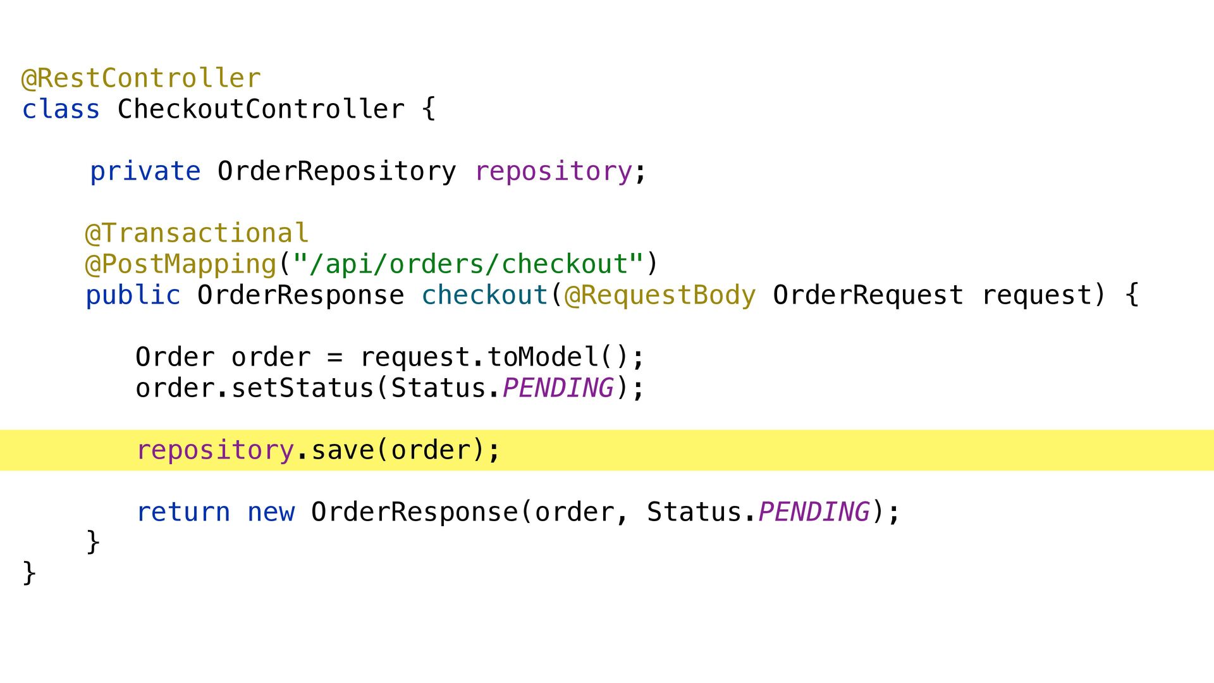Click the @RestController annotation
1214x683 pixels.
click(x=141, y=78)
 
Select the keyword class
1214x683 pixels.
click(x=61, y=109)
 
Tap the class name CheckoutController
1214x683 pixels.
click(x=261, y=109)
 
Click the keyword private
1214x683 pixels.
click(x=145, y=171)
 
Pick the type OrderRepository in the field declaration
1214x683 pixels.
click(x=336, y=171)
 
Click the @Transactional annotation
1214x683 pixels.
click(x=197, y=233)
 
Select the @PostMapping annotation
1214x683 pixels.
click(x=181, y=264)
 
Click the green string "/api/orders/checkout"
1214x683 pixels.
click(x=469, y=264)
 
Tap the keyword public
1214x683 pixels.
click(x=133, y=295)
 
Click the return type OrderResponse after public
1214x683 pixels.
click(x=300, y=295)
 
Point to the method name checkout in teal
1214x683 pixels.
click(x=484, y=295)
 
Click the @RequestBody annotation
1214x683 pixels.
click(x=659, y=295)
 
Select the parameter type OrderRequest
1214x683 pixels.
click(x=868, y=295)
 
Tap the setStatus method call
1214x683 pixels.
click(x=302, y=388)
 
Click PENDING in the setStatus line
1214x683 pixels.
click(x=558, y=388)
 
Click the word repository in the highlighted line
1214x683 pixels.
click(x=215, y=450)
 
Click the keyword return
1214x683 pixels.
click(x=183, y=512)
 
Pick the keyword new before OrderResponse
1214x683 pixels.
click(x=271, y=512)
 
